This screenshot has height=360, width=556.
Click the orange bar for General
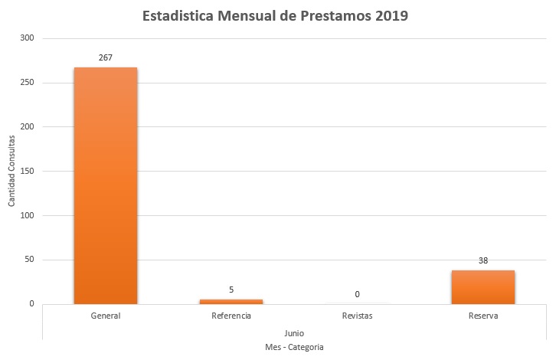pyautogui.click(x=106, y=185)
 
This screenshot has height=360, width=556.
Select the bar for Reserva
pyautogui.click(x=482, y=287)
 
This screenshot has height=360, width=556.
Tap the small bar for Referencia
pyautogui.click(x=231, y=301)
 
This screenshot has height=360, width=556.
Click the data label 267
pyautogui.click(x=106, y=57)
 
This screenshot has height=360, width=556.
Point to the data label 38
pyautogui.click(x=482, y=260)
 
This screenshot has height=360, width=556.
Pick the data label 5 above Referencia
pyautogui.click(x=231, y=290)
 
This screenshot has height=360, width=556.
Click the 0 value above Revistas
pyautogui.click(x=357, y=294)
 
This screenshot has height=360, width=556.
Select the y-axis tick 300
pyautogui.click(x=28, y=38)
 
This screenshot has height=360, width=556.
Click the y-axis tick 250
pyautogui.click(x=28, y=83)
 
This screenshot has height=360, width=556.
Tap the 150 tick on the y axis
pyautogui.click(x=28, y=171)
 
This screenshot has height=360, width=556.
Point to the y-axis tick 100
pyautogui.click(x=28, y=215)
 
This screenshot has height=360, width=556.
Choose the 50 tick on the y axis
pyautogui.click(x=30, y=260)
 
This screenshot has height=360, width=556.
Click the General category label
pyautogui.click(x=106, y=316)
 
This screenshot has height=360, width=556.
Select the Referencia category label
pyautogui.click(x=231, y=316)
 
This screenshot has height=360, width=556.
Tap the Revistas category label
pyautogui.click(x=357, y=316)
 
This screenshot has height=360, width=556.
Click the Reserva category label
pyautogui.click(x=482, y=316)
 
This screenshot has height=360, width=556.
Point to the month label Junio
pyautogui.click(x=294, y=333)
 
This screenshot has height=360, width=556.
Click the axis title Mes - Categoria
pyautogui.click(x=294, y=348)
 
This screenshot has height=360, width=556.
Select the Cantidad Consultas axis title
pyautogui.click(x=11, y=171)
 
